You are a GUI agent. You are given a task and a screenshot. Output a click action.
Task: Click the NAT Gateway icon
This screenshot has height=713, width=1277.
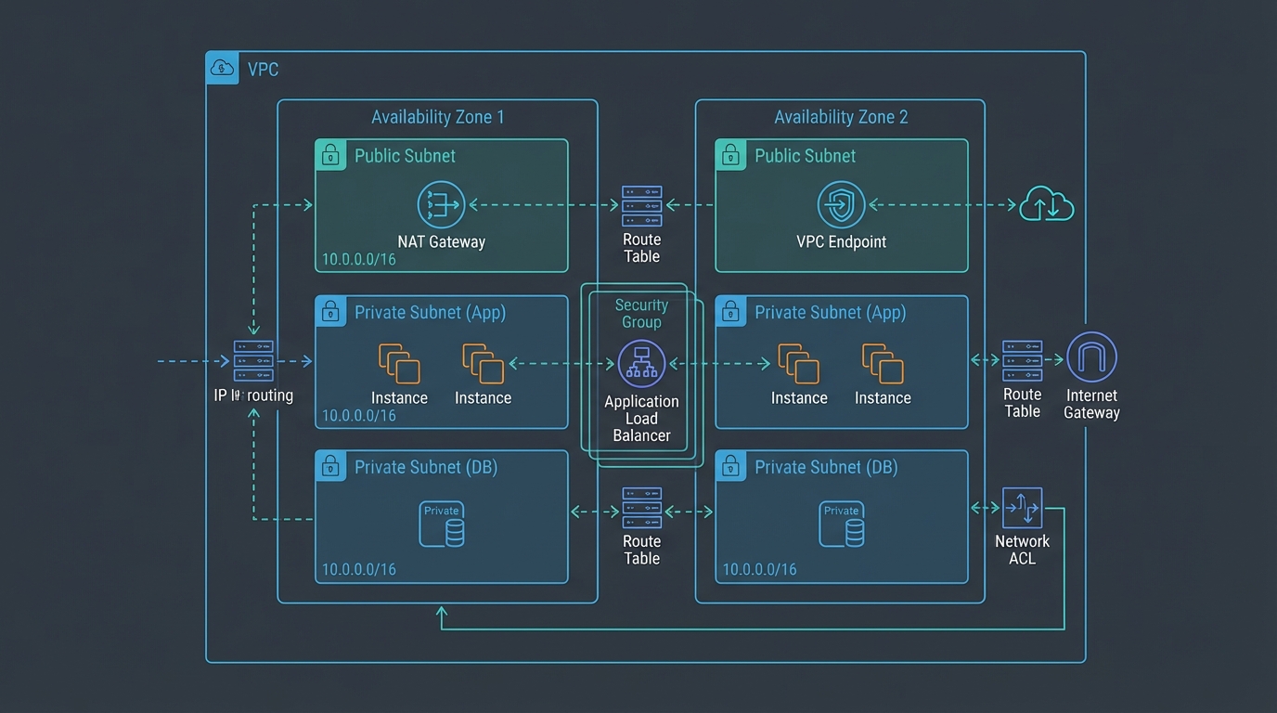click(441, 204)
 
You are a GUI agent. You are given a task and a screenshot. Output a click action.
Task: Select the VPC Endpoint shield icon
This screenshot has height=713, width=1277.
click(841, 205)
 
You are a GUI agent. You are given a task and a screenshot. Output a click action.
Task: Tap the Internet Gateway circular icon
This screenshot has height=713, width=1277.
click(1091, 357)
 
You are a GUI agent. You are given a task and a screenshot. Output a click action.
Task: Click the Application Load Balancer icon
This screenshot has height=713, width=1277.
click(641, 364)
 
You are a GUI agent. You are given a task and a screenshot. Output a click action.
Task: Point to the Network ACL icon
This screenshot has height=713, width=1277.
click(1022, 508)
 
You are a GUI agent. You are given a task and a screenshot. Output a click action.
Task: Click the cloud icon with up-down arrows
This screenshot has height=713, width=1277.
click(1047, 204)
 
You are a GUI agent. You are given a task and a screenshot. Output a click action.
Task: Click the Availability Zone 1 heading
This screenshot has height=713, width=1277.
click(437, 117)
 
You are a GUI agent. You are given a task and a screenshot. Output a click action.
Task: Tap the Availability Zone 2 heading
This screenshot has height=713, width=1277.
click(841, 117)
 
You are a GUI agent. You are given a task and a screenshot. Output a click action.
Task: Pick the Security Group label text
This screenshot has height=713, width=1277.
click(641, 313)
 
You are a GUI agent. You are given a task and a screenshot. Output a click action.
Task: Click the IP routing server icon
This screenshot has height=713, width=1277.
click(253, 361)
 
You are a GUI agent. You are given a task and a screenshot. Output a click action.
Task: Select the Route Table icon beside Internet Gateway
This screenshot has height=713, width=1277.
click(1022, 361)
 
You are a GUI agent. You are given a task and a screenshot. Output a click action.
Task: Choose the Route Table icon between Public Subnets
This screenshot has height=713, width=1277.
click(641, 206)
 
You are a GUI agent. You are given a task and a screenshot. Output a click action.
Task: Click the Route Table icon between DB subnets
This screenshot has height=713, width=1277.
click(641, 508)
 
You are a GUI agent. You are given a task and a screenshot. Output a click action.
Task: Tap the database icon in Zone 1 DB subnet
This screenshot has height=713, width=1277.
click(442, 525)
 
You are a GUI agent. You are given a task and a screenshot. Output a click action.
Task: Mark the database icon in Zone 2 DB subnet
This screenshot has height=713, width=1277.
click(842, 525)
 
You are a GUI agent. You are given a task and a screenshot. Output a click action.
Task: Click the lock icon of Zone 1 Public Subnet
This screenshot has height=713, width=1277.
click(330, 155)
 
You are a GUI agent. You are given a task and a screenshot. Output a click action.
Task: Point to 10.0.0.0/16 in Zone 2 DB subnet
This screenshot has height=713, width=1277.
click(759, 569)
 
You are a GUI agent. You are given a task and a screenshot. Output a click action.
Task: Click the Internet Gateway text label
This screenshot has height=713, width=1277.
click(1091, 404)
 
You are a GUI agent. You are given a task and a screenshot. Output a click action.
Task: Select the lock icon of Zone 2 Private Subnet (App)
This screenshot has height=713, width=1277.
click(730, 312)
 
